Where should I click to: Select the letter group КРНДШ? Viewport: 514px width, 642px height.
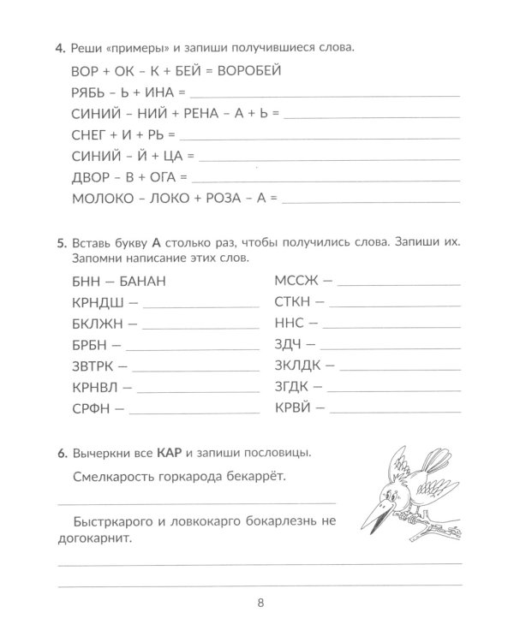coord(89,301)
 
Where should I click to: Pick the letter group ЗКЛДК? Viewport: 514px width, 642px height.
coord(298,366)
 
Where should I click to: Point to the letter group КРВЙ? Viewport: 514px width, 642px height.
coord(294,408)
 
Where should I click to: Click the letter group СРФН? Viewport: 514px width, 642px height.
coord(85,408)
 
